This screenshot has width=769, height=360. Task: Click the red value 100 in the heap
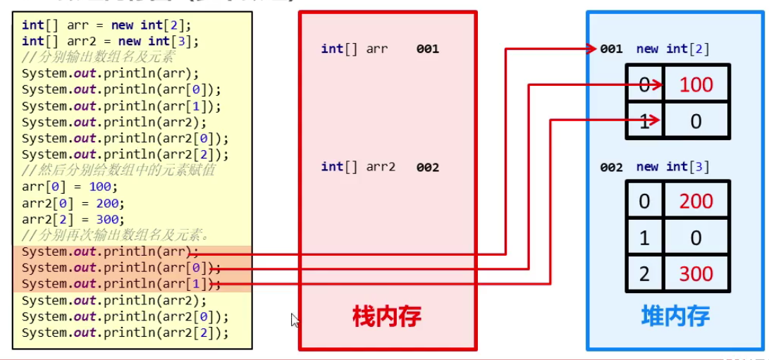pos(696,85)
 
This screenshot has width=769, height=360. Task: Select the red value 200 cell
pos(696,201)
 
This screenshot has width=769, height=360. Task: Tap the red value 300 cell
pos(696,273)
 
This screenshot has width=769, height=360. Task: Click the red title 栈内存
pos(386,316)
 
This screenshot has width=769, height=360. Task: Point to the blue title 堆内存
pos(675,316)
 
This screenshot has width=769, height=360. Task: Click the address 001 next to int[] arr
pos(427,49)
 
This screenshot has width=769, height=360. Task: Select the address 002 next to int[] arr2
pos(427,167)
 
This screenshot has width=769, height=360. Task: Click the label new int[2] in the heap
pos(672,49)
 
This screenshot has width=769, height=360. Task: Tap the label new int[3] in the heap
pos(672,167)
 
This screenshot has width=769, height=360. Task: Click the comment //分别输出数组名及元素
pos(98,57)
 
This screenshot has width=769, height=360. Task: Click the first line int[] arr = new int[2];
pos(106,25)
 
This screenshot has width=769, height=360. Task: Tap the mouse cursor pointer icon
pos(295,321)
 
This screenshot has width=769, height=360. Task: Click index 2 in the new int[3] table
pos(644,273)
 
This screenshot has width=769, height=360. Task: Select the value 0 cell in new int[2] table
pos(696,121)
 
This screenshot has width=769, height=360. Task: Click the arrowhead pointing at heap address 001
pos(591,49)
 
